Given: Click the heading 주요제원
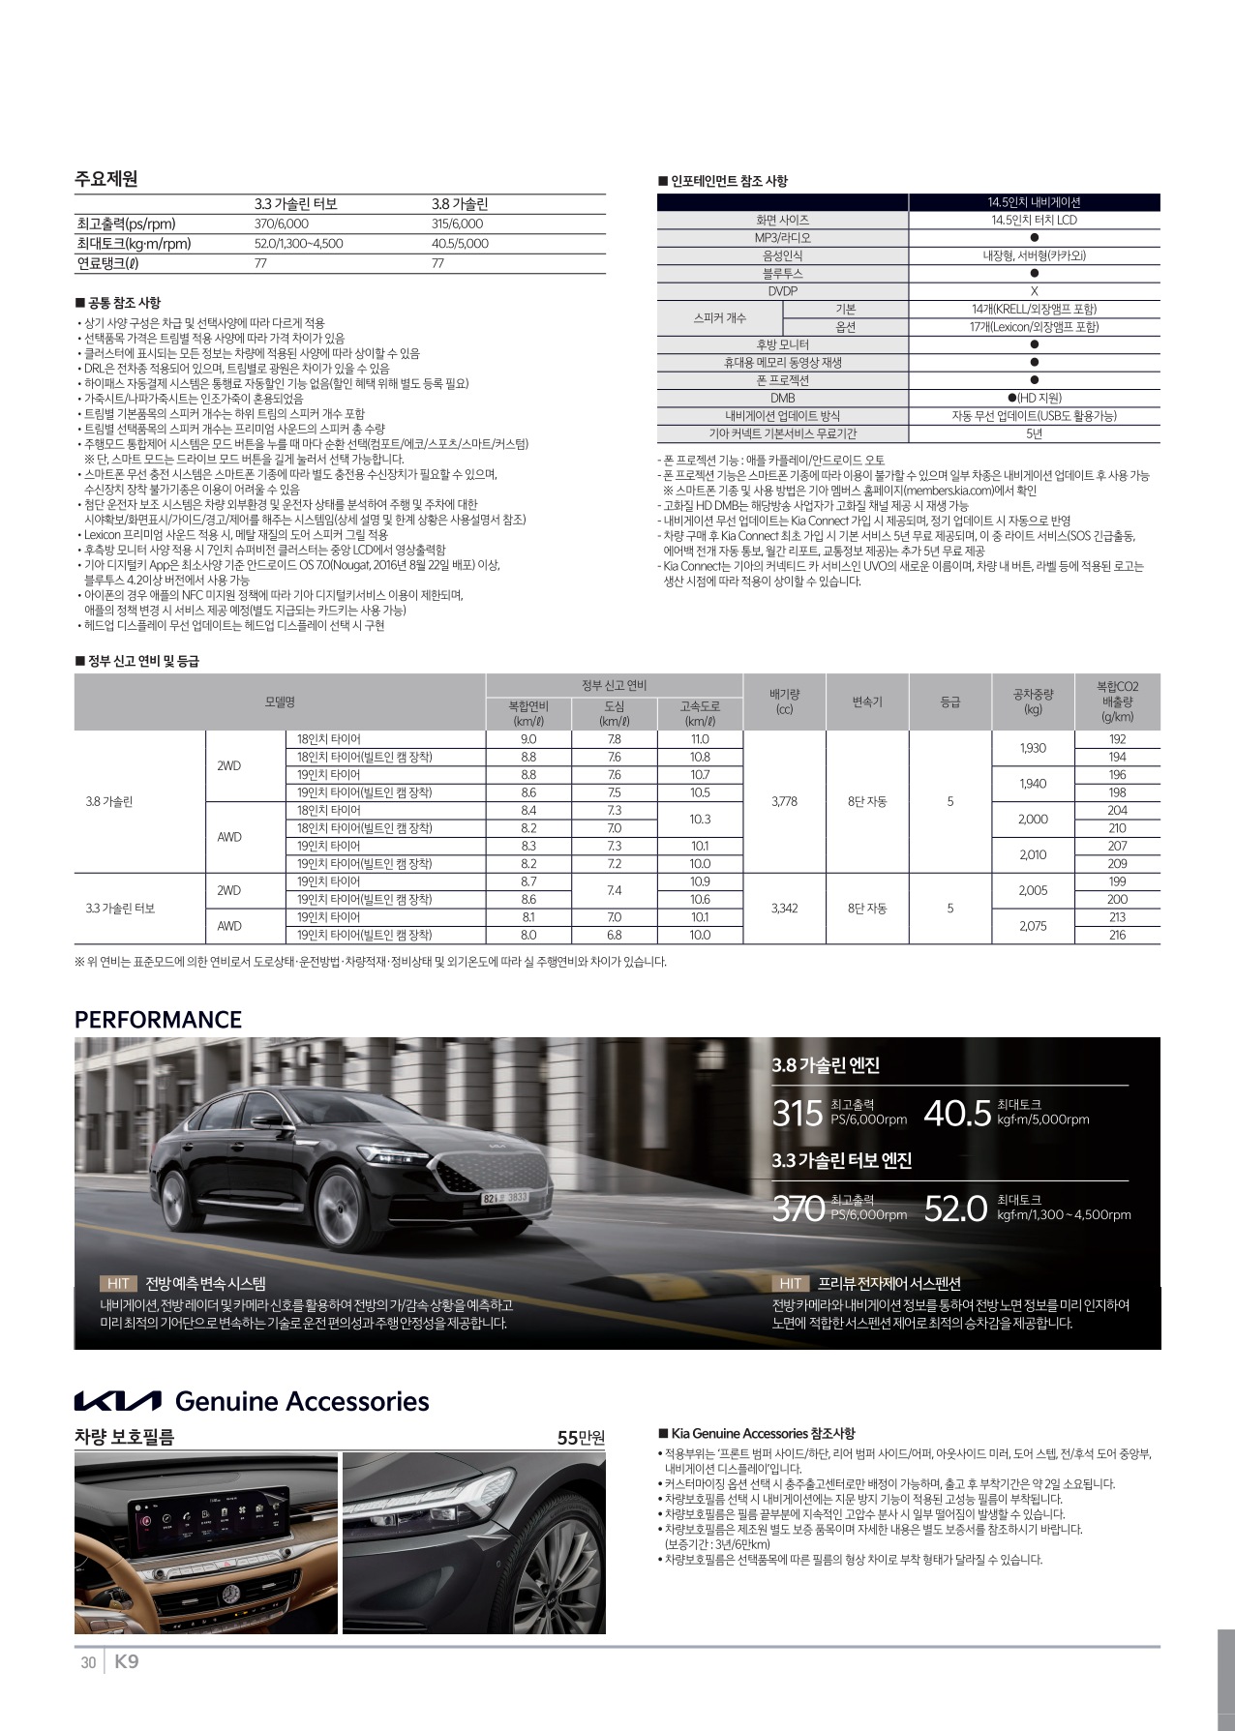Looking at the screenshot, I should point(106,179).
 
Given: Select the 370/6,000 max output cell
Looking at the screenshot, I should point(281,224).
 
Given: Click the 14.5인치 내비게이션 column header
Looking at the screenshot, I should point(1033,202).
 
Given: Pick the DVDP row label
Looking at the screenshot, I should point(782,291).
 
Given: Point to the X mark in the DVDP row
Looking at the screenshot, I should point(1034,291).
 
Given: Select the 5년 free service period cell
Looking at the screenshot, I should point(1034,433).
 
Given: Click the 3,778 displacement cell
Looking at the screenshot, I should point(784,801).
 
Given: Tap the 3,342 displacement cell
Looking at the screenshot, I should point(784,908).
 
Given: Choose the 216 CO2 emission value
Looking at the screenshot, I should point(1117,935).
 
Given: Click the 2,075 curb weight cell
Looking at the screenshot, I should point(1033,926).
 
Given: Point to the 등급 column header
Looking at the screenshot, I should point(950,701).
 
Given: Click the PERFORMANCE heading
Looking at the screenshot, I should point(159,1020).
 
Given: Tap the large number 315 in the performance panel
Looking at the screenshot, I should point(798,1114).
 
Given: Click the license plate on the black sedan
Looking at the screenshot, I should point(505,1198).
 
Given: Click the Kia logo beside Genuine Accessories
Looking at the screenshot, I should point(118,1402).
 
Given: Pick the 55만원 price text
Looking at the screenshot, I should point(581,1437).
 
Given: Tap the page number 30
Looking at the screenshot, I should point(88,1663).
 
